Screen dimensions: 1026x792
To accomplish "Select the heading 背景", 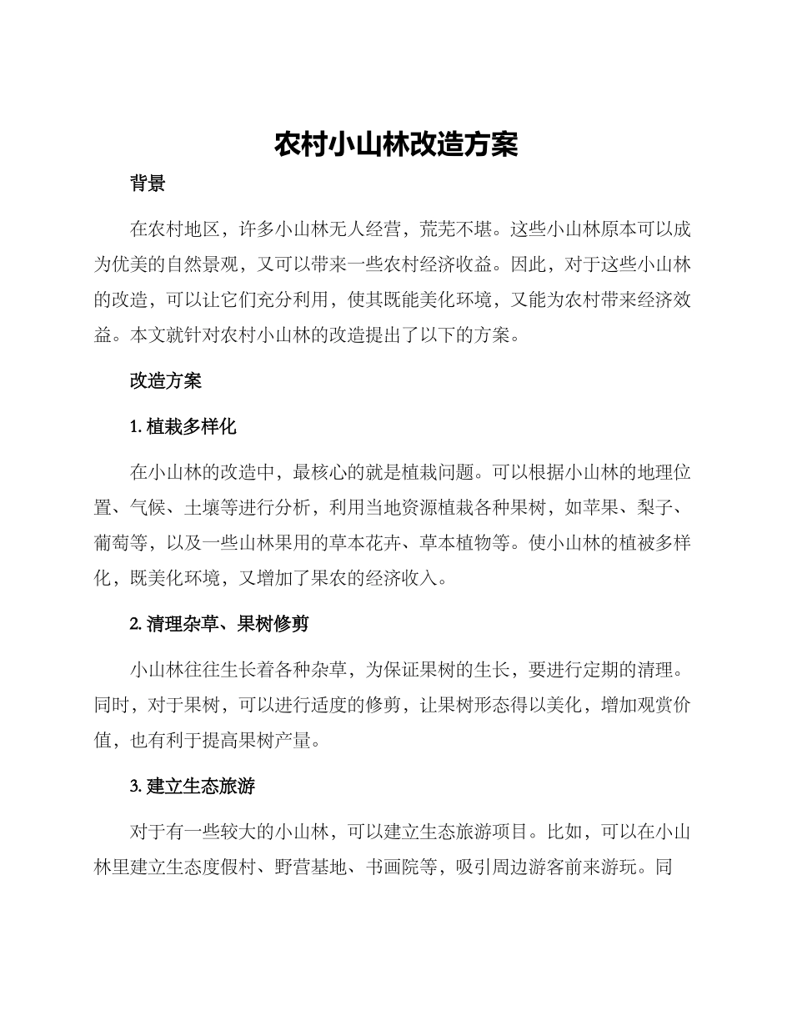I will pos(148,185).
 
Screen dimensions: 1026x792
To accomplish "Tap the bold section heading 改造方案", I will pos(166,381).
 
